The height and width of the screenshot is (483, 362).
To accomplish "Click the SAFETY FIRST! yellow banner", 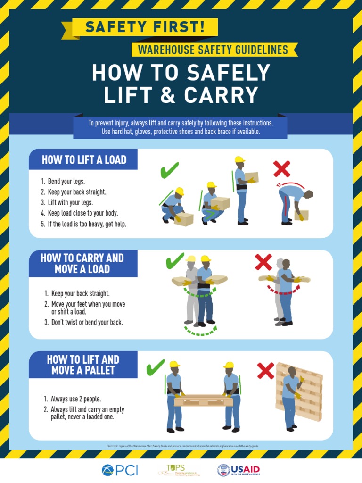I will (145, 28).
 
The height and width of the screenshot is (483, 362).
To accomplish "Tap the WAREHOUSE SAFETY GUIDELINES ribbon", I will (213, 50).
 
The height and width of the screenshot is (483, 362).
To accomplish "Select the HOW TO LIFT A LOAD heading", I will (84, 160).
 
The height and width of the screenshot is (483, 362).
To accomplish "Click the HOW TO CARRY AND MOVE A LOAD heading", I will (82, 264).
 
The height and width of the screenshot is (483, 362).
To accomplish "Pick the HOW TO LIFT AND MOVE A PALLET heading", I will (83, 365).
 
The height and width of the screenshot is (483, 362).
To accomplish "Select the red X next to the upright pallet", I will (265, 371).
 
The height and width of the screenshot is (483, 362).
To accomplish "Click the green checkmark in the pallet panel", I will (155, 367).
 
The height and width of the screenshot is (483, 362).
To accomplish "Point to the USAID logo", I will (239, 470).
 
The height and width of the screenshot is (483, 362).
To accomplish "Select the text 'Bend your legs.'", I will (66, 182).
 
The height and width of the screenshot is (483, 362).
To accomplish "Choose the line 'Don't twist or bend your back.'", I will (87, 323).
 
